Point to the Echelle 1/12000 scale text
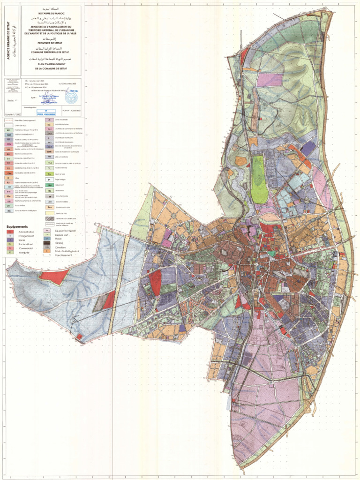tap(14, 115)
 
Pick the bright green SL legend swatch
tap(49, 173)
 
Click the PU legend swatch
tap(49, 157)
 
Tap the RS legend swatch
tap(9, 211)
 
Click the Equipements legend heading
tap(15, 226)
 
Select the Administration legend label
tap(26, 232)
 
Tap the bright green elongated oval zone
tap(258, 173)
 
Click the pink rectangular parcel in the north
tap(270, 79)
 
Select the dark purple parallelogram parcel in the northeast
tap(307, 149)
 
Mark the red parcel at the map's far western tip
tap(53, 276)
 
